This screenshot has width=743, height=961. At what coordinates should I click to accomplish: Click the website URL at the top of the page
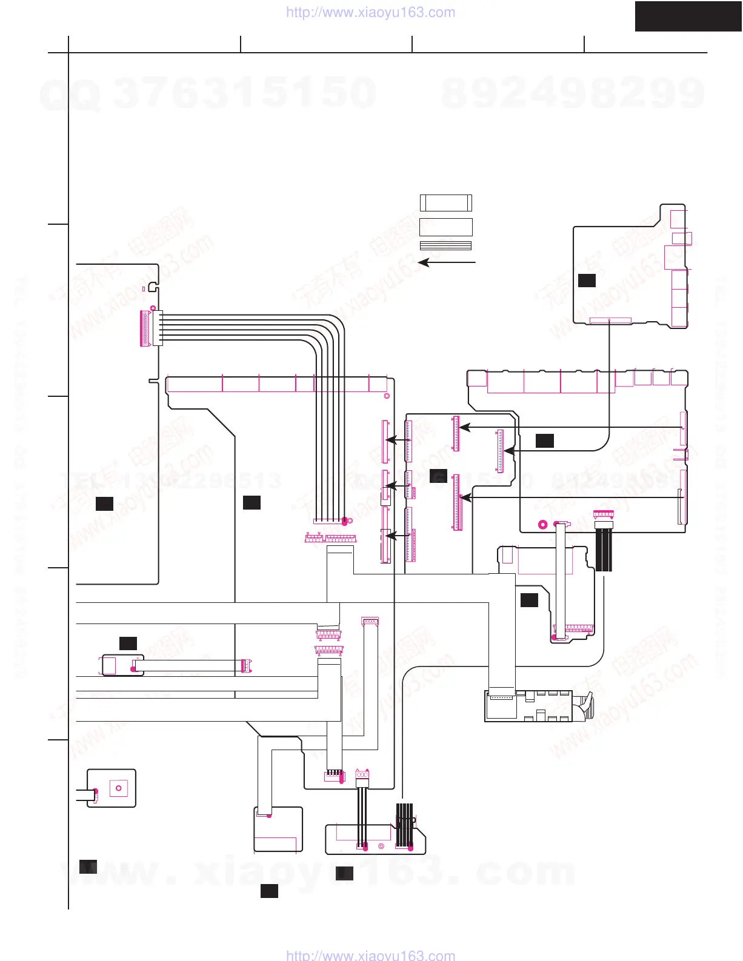pyautogui.click(x=370, y=13)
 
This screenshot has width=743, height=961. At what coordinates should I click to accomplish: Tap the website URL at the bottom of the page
pyautogui.click(x=370, y=955)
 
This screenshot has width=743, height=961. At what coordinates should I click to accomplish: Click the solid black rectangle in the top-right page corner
pyautogui.click(x=688, y=16)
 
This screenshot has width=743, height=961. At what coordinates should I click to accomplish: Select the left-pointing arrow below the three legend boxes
pyautogui.click(x=447, y=262)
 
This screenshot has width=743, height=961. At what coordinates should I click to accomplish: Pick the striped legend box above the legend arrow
pyautogui.click(x=445, y=245)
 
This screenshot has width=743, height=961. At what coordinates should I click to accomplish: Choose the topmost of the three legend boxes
pyautogui.click(x=445, y=202)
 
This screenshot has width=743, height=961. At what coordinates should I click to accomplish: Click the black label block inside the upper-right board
pyautogui.click(x=587, y=280)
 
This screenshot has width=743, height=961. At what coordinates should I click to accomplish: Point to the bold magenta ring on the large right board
pyautogui.click(x=542, y=525)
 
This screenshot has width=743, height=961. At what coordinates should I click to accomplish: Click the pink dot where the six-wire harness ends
pyautogui.click(x=345, y=520)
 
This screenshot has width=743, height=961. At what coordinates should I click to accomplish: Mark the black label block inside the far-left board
pyautogui.click(x=104, y=503)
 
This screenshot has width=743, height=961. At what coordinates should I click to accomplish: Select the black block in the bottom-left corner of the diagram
pyautogui.click(x=88, y=866)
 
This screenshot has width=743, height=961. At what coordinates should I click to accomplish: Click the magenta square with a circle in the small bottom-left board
pyautogui.click(x=118, y=788)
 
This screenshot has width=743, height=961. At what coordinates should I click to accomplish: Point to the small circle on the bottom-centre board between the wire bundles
pyautogui.click(x=381, y=846)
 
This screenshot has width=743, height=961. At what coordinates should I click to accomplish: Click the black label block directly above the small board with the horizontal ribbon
pyautogui.click(x=128, y=643)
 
